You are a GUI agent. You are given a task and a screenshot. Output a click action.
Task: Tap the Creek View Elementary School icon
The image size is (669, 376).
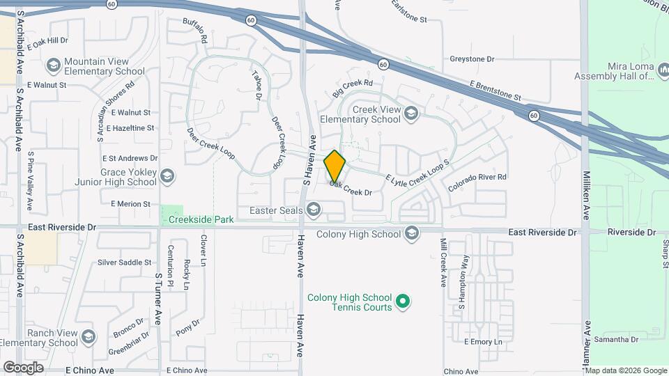411,113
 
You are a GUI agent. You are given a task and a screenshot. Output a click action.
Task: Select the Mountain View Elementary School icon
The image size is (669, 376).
53,66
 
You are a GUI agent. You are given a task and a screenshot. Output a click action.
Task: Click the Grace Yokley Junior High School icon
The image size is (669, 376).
167,175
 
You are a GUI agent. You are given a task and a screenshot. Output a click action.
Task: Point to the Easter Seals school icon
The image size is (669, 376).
314,210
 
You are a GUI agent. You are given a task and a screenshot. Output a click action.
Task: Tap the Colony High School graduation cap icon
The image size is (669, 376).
411,233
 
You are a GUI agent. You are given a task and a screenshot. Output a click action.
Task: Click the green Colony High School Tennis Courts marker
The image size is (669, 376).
401,301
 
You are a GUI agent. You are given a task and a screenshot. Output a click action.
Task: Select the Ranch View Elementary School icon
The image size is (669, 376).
88,337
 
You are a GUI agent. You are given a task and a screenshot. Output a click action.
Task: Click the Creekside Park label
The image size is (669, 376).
201,219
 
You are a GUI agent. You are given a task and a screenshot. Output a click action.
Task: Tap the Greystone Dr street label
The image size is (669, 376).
472,59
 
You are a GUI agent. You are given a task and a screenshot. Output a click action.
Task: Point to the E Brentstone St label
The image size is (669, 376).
495,91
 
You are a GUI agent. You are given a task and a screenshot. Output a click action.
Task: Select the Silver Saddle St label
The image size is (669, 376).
125,263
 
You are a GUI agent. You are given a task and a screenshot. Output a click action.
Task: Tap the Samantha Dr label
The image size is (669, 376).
616,339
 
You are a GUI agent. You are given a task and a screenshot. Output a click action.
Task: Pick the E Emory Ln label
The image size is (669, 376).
483,342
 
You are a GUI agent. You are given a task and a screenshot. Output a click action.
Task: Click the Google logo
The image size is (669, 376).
23,367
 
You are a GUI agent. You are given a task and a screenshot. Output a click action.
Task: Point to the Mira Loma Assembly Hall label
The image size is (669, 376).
613,71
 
